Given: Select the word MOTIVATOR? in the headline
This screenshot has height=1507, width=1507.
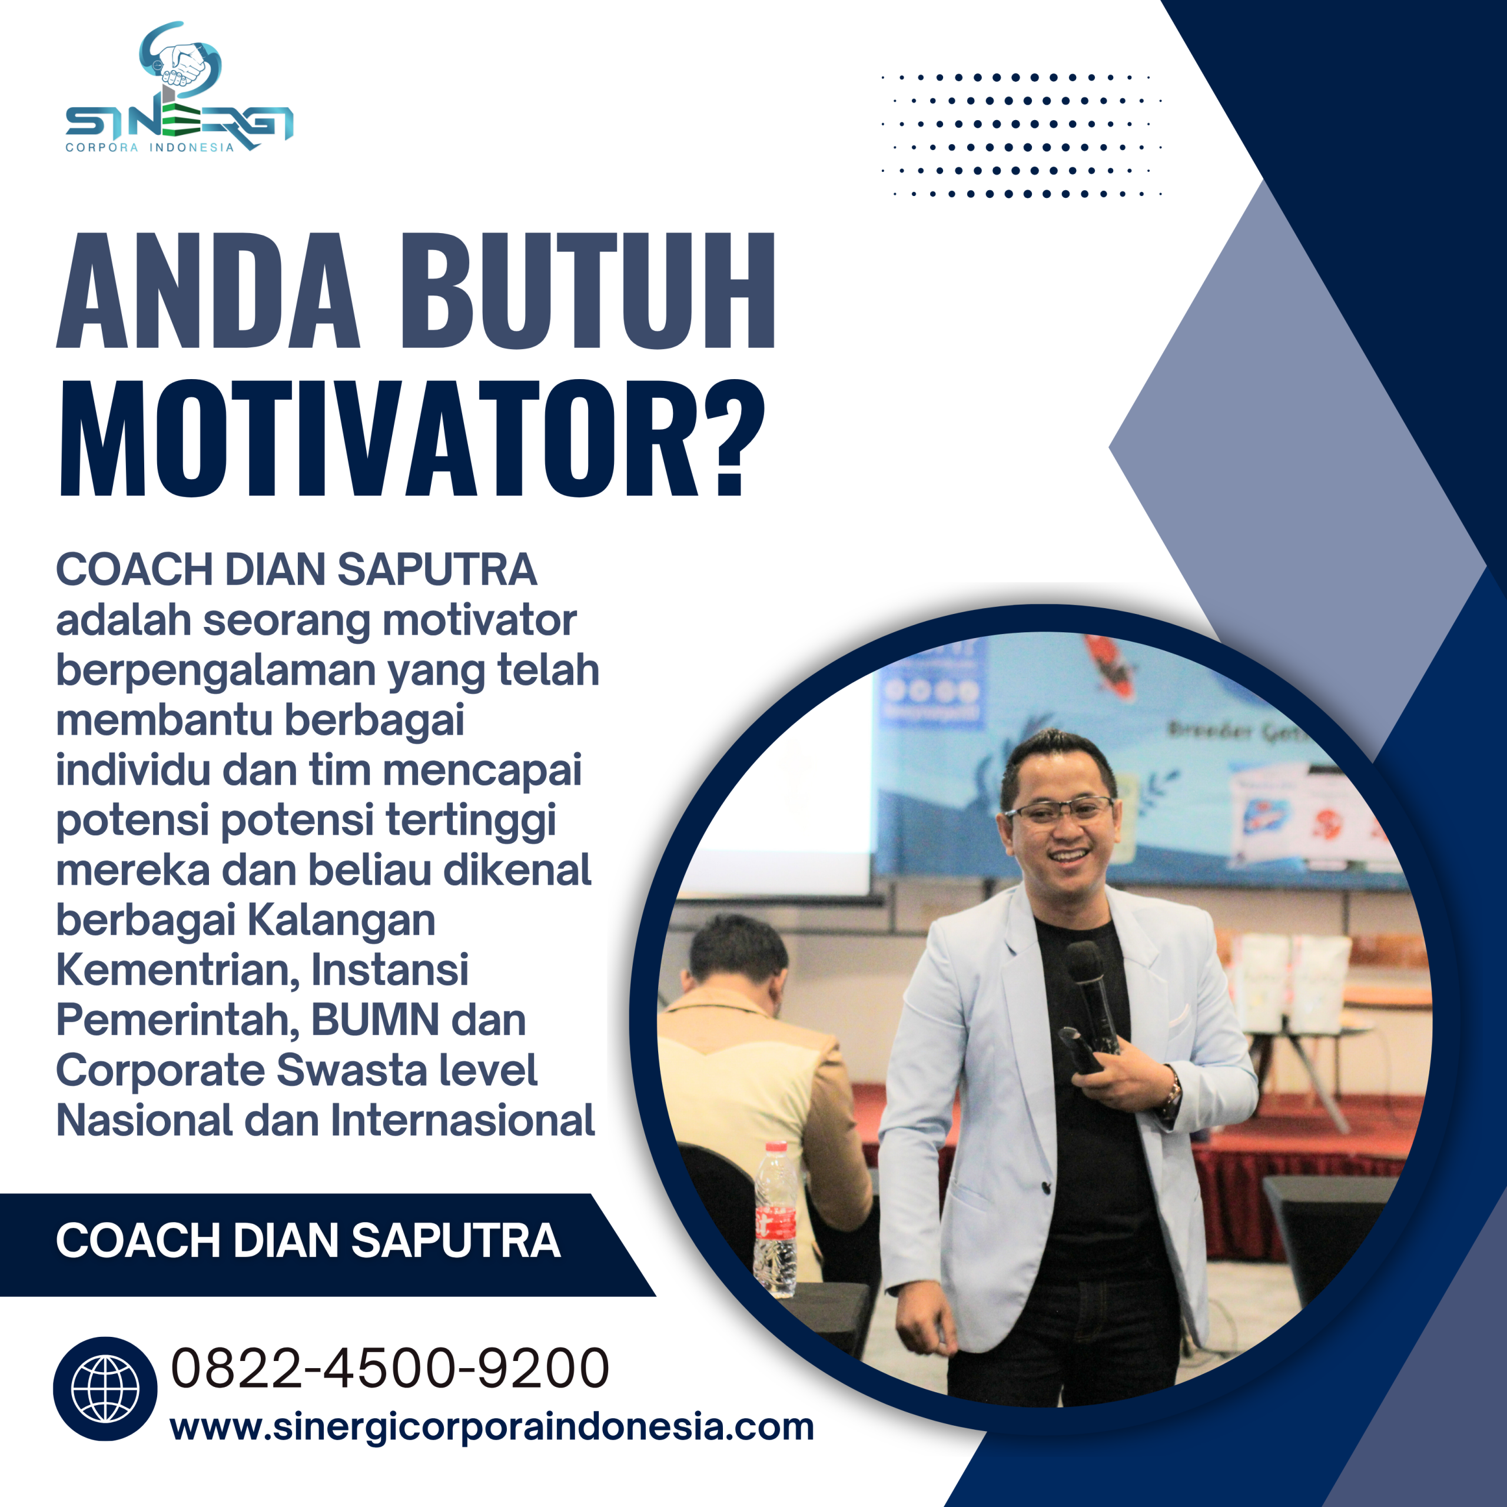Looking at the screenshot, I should (412, 439).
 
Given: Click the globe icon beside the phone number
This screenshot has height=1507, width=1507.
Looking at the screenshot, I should (105, 1389).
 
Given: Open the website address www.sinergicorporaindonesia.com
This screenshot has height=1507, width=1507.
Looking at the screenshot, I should (492, 1427).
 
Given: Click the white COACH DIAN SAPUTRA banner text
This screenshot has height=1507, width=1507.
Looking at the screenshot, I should (308, 1240).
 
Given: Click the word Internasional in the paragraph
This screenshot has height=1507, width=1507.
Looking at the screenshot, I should (463, 1120).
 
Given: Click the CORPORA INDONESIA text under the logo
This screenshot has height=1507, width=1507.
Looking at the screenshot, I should (150, 147).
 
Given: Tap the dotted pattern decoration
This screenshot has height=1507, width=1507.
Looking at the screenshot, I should (1022, 135).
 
